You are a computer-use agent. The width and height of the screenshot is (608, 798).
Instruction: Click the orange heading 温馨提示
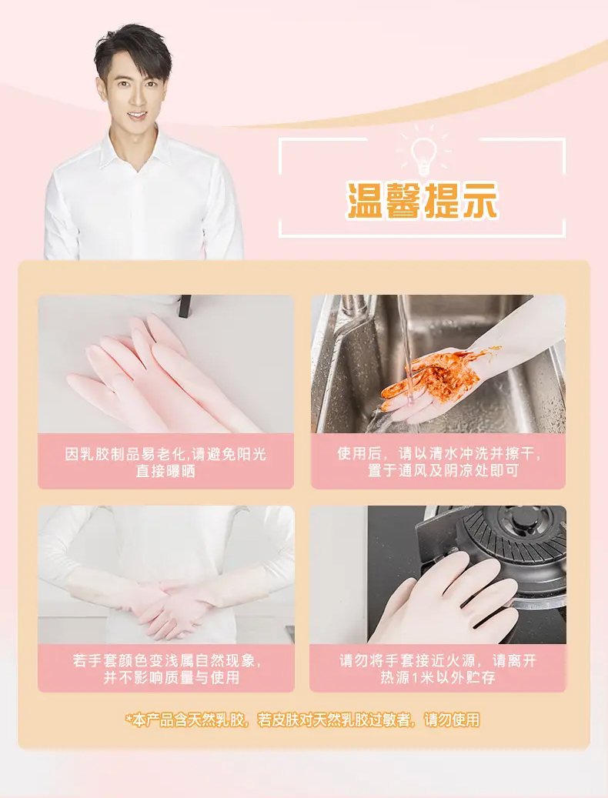point(422,202)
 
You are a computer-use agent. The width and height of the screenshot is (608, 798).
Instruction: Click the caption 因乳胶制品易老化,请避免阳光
point(165,454)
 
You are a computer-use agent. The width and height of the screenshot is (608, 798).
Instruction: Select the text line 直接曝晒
point(165,471)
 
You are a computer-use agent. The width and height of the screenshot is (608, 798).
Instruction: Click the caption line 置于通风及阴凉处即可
point(438,471)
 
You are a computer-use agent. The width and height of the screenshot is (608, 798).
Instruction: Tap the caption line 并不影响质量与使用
point(166,677)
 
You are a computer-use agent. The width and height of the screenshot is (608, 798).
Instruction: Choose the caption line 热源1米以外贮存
point(438,677)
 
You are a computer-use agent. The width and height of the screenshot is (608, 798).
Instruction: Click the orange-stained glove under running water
point(431,381)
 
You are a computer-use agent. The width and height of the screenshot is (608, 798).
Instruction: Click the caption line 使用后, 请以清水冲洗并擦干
point(438,454)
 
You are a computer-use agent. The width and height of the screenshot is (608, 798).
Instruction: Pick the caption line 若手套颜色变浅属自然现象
point(166,660)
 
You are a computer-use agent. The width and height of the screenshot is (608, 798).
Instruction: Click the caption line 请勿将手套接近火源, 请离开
point(438,660)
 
